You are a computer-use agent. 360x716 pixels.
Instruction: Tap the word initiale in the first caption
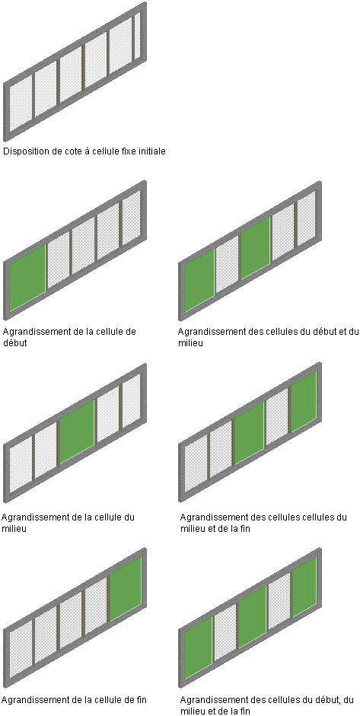pos(152,151)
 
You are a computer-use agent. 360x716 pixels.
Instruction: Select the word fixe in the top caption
pos(129,151)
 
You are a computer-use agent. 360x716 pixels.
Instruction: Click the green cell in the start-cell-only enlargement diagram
pos(27,278)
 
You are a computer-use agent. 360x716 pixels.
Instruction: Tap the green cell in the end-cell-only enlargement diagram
pos(126,589)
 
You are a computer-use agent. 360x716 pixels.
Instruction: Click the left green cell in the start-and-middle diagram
pos(199,281)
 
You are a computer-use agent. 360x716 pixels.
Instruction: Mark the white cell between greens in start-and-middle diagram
pos(227,264)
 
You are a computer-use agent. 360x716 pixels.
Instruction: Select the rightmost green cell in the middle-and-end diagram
pos(304,402)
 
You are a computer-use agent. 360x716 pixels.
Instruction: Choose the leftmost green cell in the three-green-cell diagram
pos(199,648)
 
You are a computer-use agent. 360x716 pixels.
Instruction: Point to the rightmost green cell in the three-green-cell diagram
pos(304,587)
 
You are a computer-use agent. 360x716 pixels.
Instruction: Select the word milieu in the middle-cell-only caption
pos(14,529)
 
